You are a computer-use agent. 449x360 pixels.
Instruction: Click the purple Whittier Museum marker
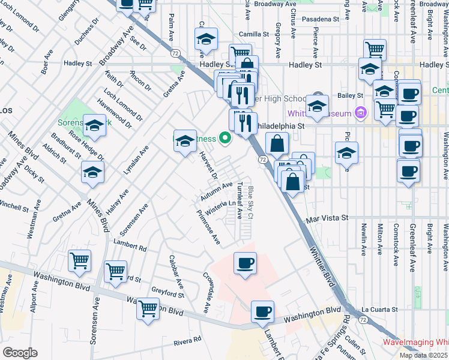coord(360,112)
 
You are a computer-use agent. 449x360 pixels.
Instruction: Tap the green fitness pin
coord(226,139)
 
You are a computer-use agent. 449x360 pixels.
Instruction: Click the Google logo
coord(20,353)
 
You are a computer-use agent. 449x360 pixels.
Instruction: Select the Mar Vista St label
coord(328,219)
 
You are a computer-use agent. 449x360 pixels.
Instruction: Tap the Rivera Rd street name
coord(187,341)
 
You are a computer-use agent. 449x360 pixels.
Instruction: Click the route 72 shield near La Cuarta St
coord(363,320)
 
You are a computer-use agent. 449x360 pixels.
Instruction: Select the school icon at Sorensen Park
coord(94,126)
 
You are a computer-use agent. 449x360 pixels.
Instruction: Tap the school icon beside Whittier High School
coord(316,107)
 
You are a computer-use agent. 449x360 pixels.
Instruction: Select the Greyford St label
coord(168,294)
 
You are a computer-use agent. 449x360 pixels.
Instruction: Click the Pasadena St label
coord(321,19)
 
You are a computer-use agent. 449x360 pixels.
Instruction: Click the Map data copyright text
coord(424,355)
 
